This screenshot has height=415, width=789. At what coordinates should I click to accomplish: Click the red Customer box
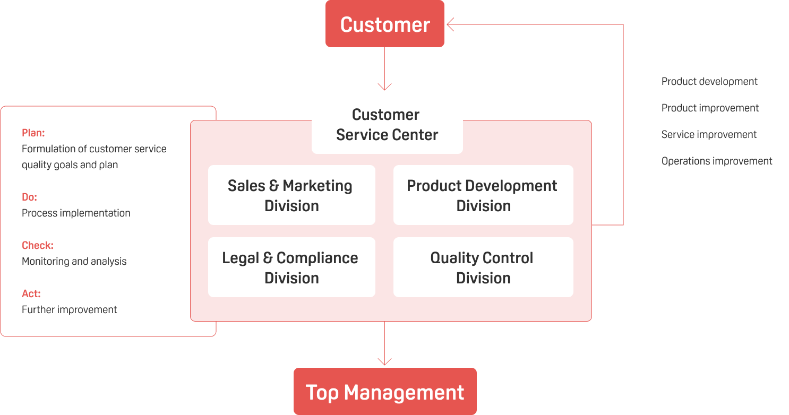pos(385,24)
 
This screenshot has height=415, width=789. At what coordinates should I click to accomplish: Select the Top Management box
pos(385,392)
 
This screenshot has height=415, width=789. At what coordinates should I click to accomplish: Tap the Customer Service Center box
pos(387,124)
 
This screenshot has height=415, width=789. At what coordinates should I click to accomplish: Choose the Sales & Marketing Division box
pos(291,195)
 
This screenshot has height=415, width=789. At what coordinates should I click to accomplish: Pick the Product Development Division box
pos(483,195)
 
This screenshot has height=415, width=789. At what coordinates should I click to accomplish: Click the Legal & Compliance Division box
pos(291,267)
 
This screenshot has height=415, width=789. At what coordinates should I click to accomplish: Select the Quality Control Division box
pos(483,267)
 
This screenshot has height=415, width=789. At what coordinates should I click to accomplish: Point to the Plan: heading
pos(33,133)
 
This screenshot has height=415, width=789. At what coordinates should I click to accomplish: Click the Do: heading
pos(29,197)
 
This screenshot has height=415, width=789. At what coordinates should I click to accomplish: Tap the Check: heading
pos(38,245)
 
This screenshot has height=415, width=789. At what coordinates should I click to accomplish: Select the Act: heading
pos(31,293)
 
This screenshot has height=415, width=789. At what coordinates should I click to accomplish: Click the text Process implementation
pos(76,213)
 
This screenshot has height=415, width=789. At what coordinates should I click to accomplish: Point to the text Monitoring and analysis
pos(74,261)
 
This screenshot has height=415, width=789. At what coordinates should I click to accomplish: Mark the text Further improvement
pos(70,309)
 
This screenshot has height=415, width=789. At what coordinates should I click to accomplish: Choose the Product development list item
pos(709,81)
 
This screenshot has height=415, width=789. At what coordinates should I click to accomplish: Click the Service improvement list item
pos(709,134)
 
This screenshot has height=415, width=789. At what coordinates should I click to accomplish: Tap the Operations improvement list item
pos(717,161)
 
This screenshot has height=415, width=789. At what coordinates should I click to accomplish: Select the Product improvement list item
pos(710,108)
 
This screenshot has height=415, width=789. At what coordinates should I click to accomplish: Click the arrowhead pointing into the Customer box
pos(450,24)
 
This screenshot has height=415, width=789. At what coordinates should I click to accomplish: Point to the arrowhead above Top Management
pos(384,361)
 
